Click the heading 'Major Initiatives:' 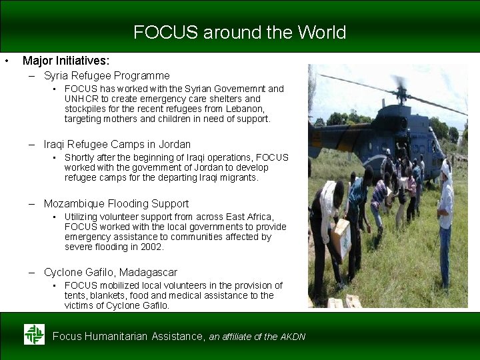coord(66,61)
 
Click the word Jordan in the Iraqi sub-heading coord(175,145)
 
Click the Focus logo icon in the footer coord(34,334)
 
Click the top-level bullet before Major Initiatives coord(6,61)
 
